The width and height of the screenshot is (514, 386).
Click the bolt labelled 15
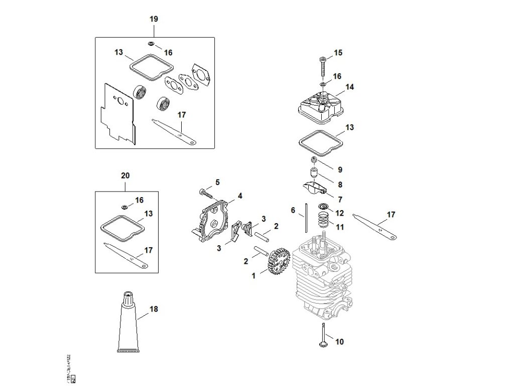[321, 65]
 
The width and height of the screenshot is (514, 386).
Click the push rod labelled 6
[304, 217]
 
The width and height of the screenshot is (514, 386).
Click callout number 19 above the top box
[154, 19]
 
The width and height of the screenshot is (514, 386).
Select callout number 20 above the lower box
[125, 175]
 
